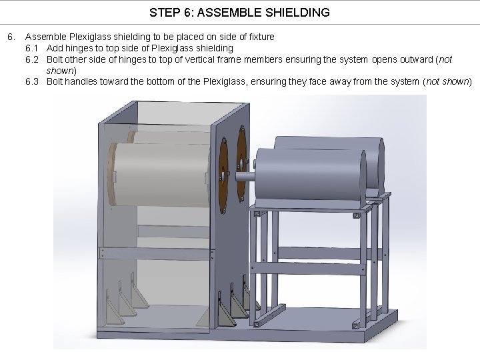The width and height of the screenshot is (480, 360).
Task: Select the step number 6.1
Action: pyautogui.click(x=33, y=48)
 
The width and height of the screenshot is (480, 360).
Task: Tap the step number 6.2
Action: pyautogui.click(x=33, y=59)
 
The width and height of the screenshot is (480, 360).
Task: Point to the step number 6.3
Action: pyautogui.click(x=33, y=81)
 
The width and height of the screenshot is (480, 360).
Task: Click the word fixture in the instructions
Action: pyautogui.click(x=260, y=37)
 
